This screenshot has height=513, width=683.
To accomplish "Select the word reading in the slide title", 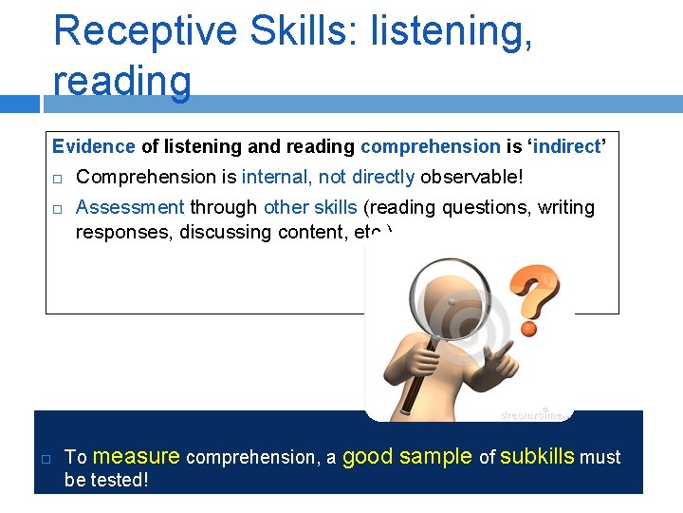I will coord(122,81).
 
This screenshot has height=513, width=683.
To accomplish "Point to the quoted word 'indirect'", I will coord(565,146).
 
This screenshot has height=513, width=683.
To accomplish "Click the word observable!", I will coord(471,177).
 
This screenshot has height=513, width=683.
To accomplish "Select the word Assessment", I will coord(130,207).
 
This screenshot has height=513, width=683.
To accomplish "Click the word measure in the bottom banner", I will coord(137,457).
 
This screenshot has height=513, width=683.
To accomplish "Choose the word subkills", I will coord(537,457).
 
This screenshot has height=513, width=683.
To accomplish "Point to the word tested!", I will coord(119,480).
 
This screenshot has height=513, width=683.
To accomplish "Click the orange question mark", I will coord(534,297).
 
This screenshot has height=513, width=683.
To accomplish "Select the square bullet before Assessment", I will coord(57,208).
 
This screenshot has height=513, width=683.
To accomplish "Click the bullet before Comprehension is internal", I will coord(57,178).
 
